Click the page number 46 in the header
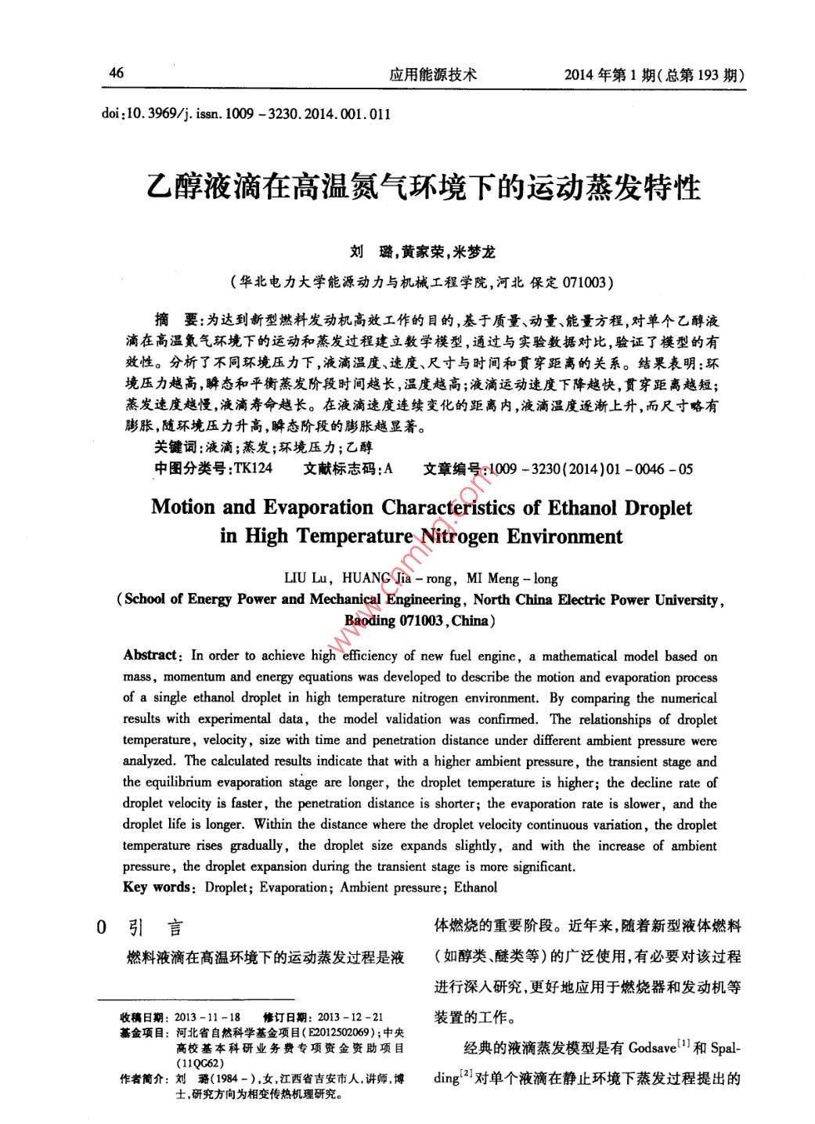point(116,73)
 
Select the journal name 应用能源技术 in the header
point(432,74)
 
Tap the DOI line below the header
point(246,114)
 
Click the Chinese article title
point(424,188)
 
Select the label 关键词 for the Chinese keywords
point(176,447)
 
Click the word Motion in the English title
point(182,507)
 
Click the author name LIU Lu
point(306,579)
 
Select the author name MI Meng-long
point(512,579)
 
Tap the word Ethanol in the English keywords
point(475,887)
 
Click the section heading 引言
point(154,928)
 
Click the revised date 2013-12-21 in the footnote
point(351,1017)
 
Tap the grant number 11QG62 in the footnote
point(200,1063)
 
